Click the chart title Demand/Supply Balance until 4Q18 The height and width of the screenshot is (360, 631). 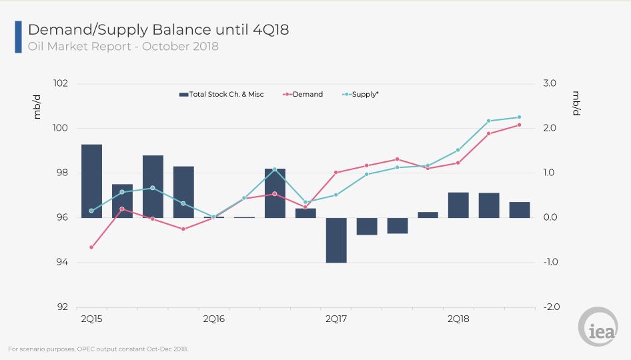pyautogui.click(x=158, y=29)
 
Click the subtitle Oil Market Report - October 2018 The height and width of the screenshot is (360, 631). pyautogui.click(x=123, y=47)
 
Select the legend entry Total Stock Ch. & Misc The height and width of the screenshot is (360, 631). pyautogui.click(x=221, y=95)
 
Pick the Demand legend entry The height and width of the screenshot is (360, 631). pyautogui.click(x=303, y=95)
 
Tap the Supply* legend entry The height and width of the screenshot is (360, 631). pyautogui.click(x=361, y=95)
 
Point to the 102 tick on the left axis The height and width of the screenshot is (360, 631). pyautogui.click(x=61, y=83)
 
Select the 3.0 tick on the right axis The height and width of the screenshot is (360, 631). pyautogui.click(x=550, y=83)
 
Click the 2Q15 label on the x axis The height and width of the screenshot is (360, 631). pyautogui.click(x=91, y=319)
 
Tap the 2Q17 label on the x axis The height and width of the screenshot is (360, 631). pyautogui.click(x=336, y=319)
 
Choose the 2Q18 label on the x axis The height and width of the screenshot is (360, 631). pyautogui.click(x=458, y=319)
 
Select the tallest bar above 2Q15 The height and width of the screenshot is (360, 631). pyautogui.click(x=91, y=181)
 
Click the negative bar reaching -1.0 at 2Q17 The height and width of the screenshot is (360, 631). pyautogui.click(x=336, y=240)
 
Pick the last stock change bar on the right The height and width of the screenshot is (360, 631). pyautogui.click(x=520, y=209)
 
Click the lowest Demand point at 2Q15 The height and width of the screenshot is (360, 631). pyautogui.click(x=91, y=247)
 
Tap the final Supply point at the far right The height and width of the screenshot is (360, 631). pyautogui.click(x=519, y=117)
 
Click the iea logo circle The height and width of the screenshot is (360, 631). pyautogui.click(x=598, y=327)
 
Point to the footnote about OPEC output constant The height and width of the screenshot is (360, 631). pyautogui.click(x=99, y=349)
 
